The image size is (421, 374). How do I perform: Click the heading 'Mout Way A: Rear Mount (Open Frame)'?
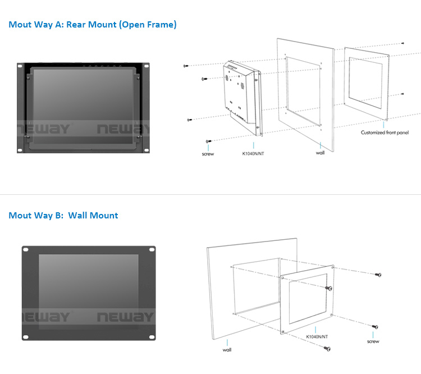(x=93, y=25)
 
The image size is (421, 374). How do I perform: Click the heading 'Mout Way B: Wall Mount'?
(x=63, y=216)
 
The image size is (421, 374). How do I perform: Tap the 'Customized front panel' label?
(x=385, y=133)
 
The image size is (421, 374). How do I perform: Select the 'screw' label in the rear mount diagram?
(x=208, y=154)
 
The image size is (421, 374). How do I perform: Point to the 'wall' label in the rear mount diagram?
(x=320, y=153)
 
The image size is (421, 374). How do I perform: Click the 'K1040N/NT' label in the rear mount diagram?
(x=253, y=154)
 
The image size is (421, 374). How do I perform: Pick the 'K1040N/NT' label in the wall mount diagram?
(x=317, y=336)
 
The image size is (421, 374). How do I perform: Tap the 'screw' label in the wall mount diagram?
(x=373, y=341)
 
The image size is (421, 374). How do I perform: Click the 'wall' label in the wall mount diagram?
(x=227, y=350)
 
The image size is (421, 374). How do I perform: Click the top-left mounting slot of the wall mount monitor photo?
(x=26, y=250)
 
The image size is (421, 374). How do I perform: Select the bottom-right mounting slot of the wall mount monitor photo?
(x=152, y=337)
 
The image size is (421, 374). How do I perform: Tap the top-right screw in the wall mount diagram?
(x=378, y=275)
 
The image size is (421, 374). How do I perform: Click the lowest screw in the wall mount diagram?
(x=327, y=349)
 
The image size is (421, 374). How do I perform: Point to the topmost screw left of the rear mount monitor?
(x=186, y=66)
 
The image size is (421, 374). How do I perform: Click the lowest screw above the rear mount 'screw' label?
(x=208, y=142)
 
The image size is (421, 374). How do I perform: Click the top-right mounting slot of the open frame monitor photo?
(x=147, y=66)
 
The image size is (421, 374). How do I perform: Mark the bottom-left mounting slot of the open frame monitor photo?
(x=20, y=150)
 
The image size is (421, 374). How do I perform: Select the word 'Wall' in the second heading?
(x=77, y=216)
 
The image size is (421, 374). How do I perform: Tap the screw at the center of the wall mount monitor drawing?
(x=329, y=288)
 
